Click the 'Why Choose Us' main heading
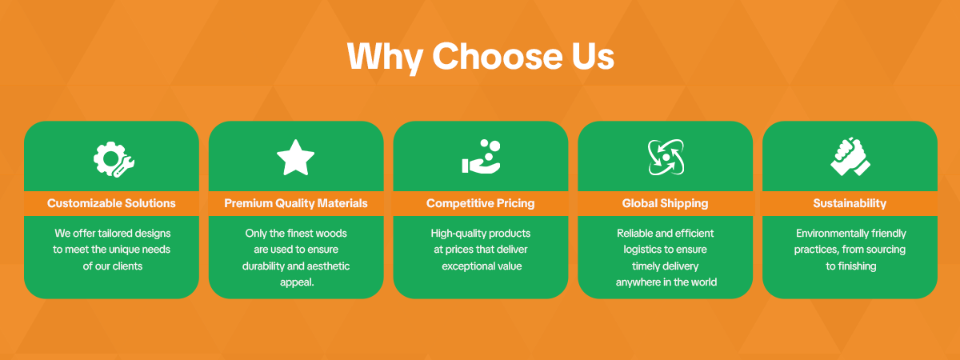pyautogui.click(x=481, y=57)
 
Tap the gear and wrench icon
pyautogui.click(x=114, y=159)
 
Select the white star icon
pyautogui.click(x=296, y=158)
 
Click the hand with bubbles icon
pyautogui.click(x=482, y=157)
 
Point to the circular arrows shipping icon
pyautogui.click(x=666, y=158)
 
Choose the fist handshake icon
pyautogui.click(x=850, y=157)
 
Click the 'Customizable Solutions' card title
pyautogui.click(x=111, y=203)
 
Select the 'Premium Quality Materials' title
pyautogui.click(x=296, y=203)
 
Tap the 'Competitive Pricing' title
pyautogui.click(x=481, y=203)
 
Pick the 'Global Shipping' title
pyautogui.click(x=665, y=203)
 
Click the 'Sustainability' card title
pyautogui.click(x=850, y=203)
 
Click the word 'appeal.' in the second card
pyautogui.click(x=297, y=282)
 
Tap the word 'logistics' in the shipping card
pyautogui.click(x=642, y=250)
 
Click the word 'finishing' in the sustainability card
pyautogui.click(x=857, y=266)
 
